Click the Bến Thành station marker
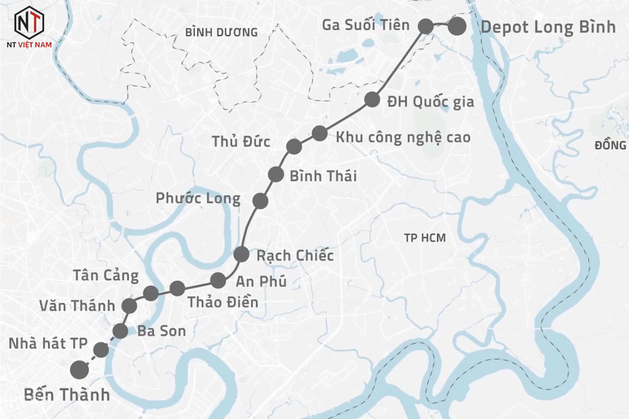[80, 370]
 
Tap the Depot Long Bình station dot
[457, 27]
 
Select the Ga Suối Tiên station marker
[425, 26]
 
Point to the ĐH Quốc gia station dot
[372, 99]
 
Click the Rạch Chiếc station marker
[241, 254]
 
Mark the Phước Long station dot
[260, 201]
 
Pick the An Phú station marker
[218, 280]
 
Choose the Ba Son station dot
[120, 331]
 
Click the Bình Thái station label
[323, 176]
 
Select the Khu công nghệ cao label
[403, 137]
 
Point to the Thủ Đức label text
[241, 142]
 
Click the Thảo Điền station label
[223, 302]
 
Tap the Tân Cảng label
[106, 276]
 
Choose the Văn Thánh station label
[77, 306]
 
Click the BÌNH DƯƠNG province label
[221, 32]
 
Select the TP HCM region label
[425, 238]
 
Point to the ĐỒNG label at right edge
[610, 145]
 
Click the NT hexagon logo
[29, 21]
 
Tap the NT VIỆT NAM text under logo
[29, 45]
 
